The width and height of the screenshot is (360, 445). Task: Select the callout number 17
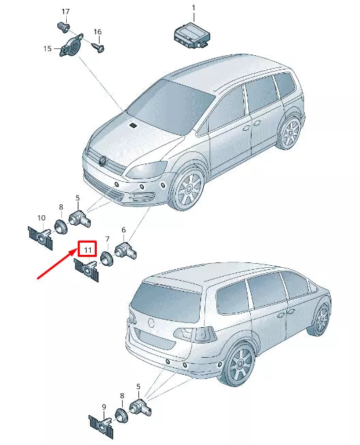pos(65,12)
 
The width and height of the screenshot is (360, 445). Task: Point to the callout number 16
pos(97,32)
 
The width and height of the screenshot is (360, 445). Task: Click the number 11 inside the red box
pos(88,250)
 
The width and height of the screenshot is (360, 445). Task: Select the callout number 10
pos(41,218)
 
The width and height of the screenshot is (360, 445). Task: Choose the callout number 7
pos(107,240)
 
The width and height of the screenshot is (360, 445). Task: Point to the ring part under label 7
pos(106,258)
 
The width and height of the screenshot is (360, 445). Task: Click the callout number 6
pos(123,230)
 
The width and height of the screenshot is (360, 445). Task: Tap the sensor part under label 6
pos(128,250)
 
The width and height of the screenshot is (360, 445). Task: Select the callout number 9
pos(104,407)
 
